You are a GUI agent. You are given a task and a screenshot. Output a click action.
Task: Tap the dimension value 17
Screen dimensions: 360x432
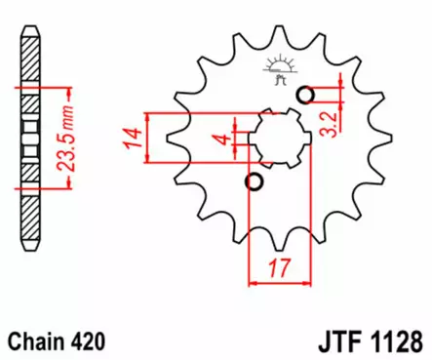[281, 267]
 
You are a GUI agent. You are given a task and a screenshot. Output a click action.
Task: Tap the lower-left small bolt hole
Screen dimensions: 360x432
[255, 182]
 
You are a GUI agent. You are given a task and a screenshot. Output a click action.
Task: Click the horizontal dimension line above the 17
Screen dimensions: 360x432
[280, 283]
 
